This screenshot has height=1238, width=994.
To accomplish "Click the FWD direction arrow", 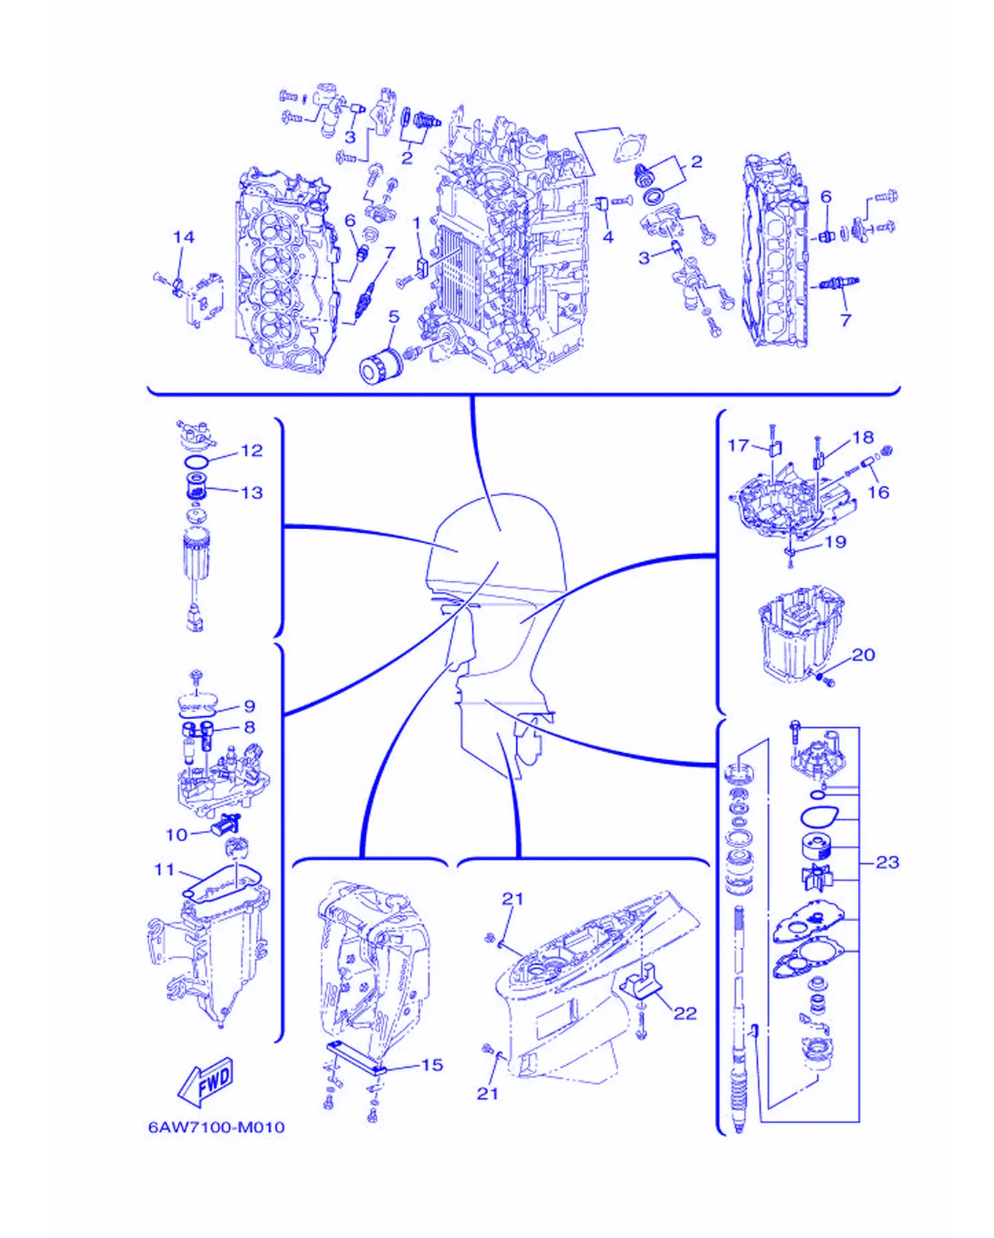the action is [x=207, y=1082].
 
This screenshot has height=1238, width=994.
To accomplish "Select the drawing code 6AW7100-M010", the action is [x=216, y=1127].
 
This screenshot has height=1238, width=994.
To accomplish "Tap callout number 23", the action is [x=887, y=862].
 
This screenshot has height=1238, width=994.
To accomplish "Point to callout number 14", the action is [x=183, y=237].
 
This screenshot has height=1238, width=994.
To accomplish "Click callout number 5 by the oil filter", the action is [x=394, y=316].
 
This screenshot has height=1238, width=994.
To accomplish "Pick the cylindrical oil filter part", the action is [x=381, y=365].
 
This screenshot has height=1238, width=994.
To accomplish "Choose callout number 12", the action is [x=251, y=450].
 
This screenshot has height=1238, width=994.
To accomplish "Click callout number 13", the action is [x=251, y=493].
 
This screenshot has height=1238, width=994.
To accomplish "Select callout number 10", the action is [x=177, y=835].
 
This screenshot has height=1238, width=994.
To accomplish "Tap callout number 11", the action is [x=164, y=870].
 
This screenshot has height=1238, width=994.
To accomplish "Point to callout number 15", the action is [x=432, y=1065].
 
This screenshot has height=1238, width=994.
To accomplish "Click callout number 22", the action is [x=685, y=1013].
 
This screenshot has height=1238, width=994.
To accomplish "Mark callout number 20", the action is [x=863, y=655].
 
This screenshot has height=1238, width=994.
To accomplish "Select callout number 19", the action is [x=835, y=542].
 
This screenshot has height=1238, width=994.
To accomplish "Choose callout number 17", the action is [x=738, y=445].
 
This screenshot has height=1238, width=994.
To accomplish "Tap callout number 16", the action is [x=878, y=493].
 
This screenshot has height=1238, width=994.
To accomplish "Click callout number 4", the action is [x=607, y=237].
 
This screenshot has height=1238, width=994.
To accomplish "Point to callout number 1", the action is [x=417, y=222].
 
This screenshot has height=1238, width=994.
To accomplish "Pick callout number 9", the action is [x=250, y=706].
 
